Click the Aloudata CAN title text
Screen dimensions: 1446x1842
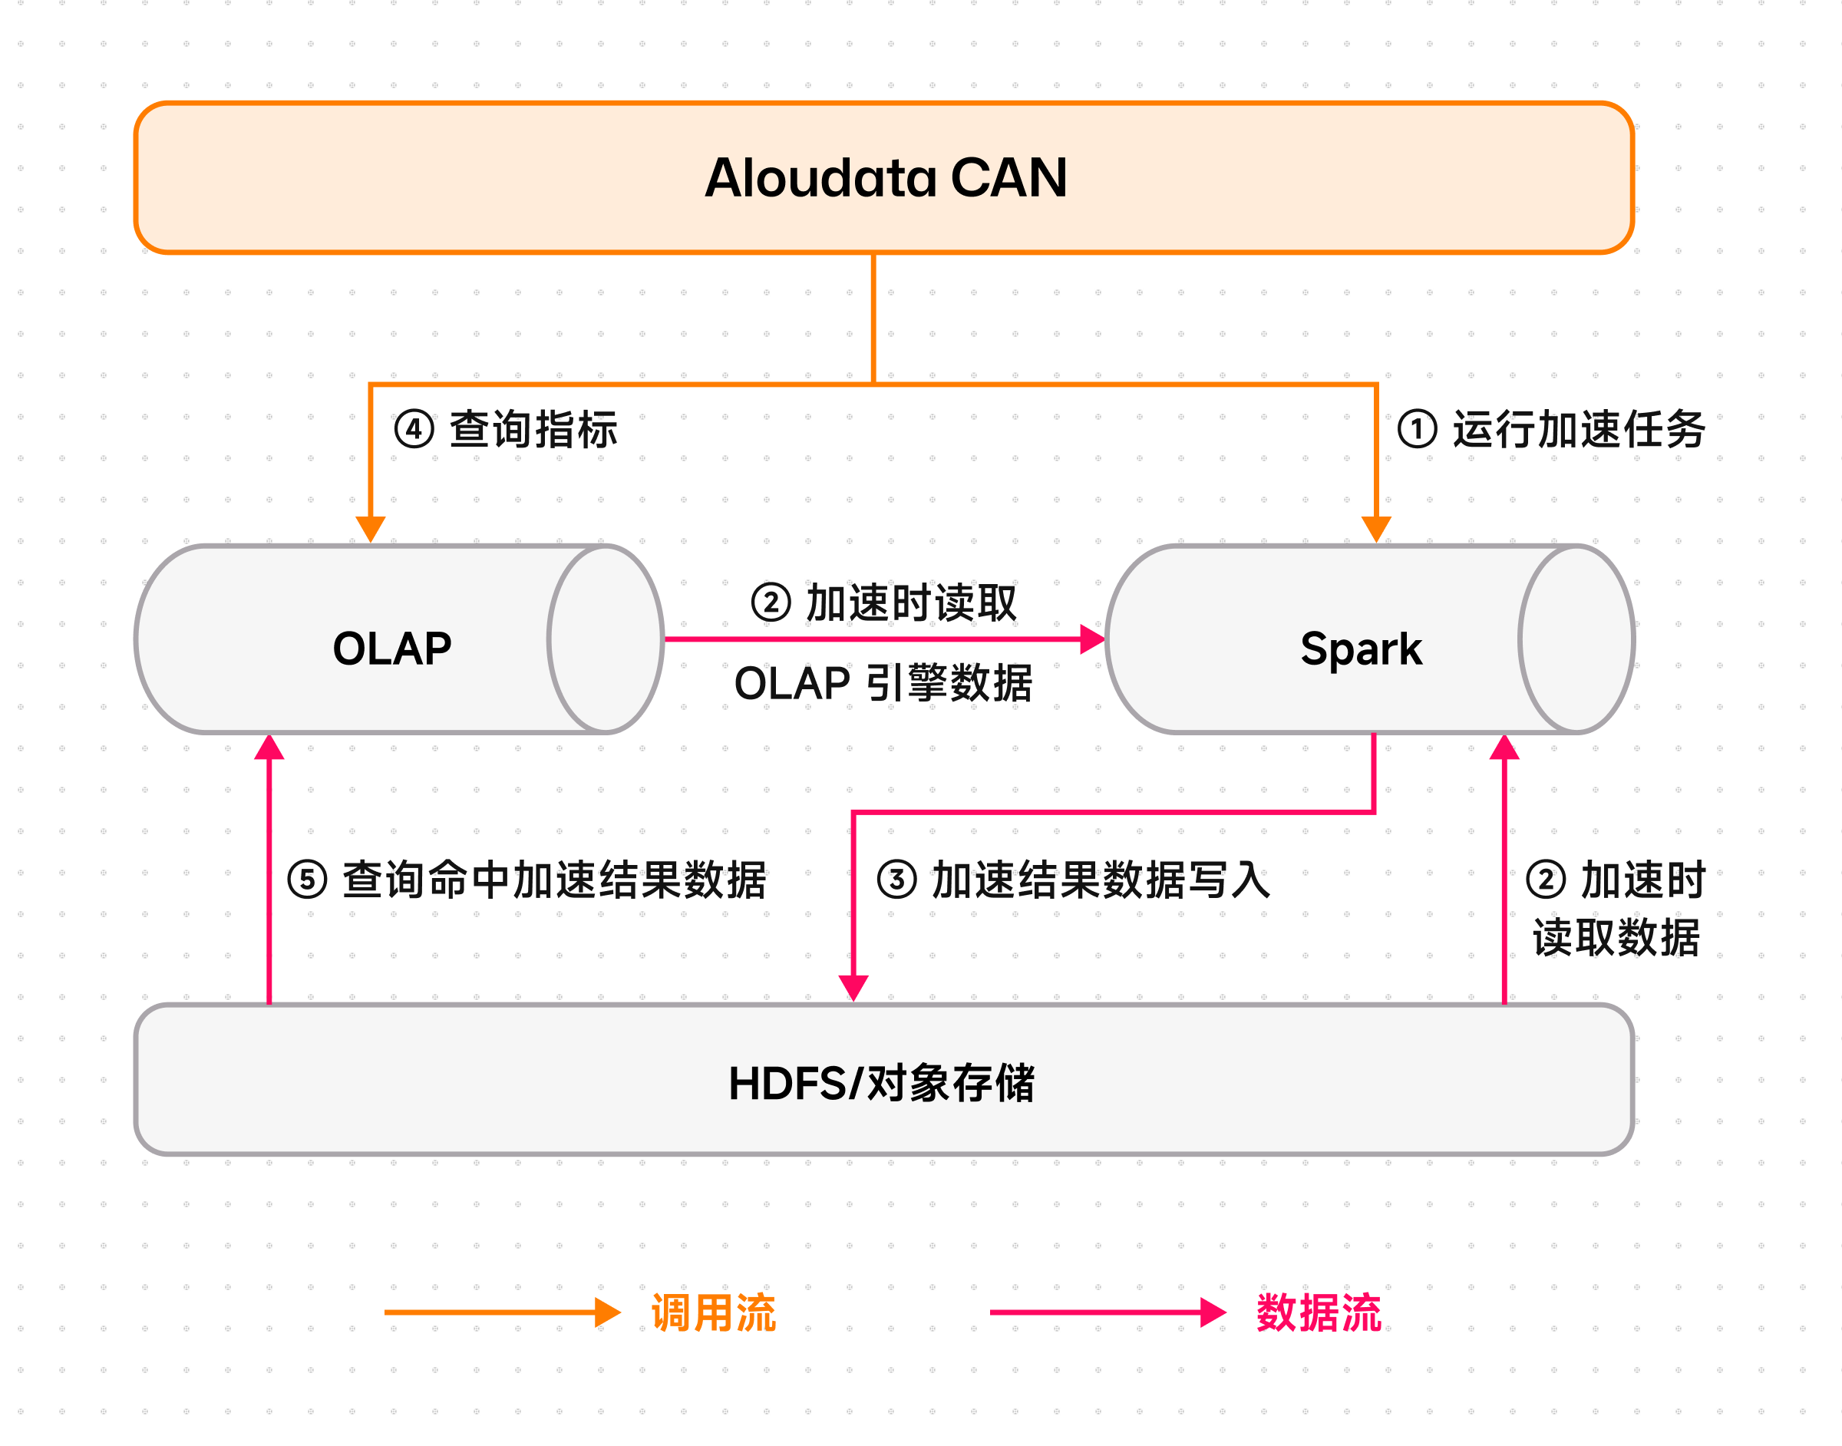pos(886,178)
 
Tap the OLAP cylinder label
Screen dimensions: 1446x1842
pos(392,649)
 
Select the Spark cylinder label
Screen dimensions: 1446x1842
pos(1360,649)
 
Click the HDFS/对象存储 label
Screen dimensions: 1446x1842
pos(881,1083)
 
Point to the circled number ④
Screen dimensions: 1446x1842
pos(414,429)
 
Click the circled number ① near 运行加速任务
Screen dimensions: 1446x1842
pos(1417,428)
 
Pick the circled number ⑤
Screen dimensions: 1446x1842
pos(307,880)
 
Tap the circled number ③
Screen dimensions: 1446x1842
pos(896,880)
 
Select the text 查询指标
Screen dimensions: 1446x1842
pos(533,429)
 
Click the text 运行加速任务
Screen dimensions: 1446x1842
pos(1579,429)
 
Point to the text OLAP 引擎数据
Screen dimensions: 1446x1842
pos(883,683)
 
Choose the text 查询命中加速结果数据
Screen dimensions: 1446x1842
pos(554,880)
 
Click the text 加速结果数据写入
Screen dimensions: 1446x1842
pos(1101,880)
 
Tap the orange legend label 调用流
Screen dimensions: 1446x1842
pos(713,1313)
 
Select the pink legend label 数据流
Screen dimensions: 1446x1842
pos(1319,1313)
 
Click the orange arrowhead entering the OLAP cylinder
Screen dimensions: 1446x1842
pos(371,529)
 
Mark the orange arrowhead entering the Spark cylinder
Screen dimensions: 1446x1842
pos(1376,529)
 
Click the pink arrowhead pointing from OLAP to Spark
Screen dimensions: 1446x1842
pos(1092,639)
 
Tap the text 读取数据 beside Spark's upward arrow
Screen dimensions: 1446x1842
pos(1616,938)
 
